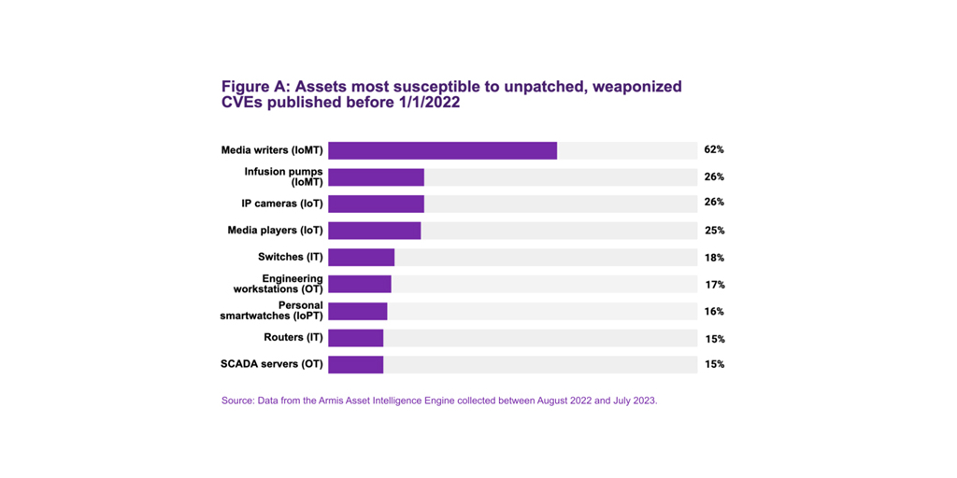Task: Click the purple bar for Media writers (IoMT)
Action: click(442, 150)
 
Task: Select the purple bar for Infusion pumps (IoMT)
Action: click(376, 177)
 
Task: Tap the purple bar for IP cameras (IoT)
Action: click(376, 204)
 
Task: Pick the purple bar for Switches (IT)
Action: click(361, 258)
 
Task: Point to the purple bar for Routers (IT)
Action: click(355, 338)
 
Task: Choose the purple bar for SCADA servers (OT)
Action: click(355, 364)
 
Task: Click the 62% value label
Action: click(714, 149)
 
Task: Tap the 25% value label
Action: click(714, 231)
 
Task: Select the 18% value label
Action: click(714, 258)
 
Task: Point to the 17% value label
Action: click(714, 285)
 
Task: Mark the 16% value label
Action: click(714, 312)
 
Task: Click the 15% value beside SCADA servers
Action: click(714, 364)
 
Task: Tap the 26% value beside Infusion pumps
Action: click(714, 176)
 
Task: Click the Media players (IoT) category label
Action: click(275, 231)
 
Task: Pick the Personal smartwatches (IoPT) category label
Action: click(272, 311)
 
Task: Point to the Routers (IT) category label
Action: click(293, 338)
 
